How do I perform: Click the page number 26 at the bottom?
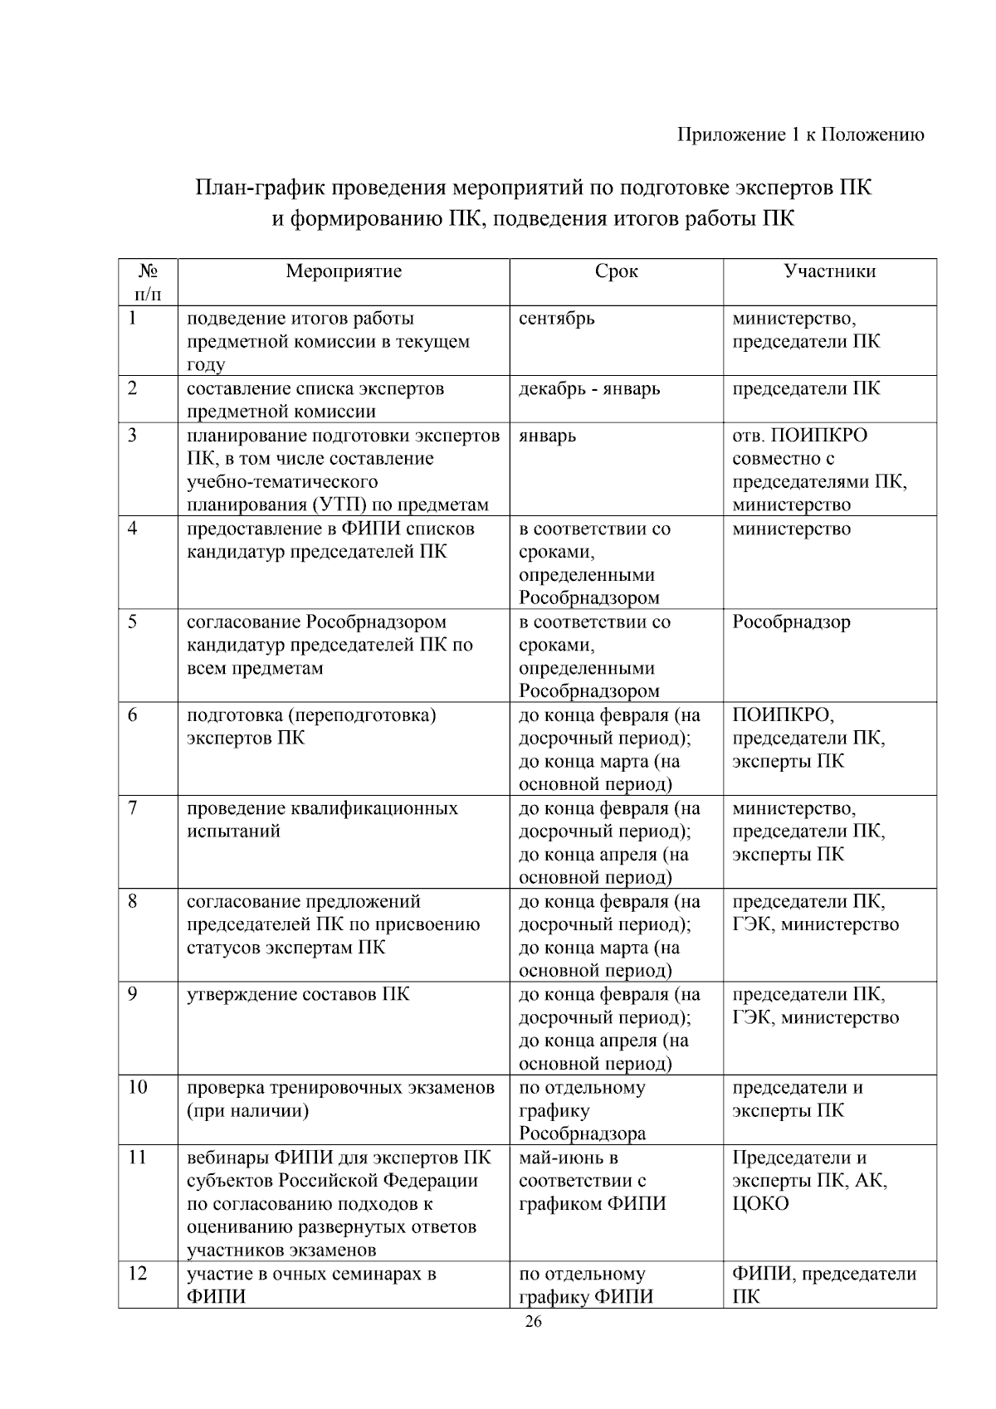click(x=533, y=1323)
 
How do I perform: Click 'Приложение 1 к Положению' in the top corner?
click(x=801, y=135)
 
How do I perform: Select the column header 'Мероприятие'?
click(x=344, y=271)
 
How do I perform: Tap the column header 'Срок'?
click(x=616, y=271)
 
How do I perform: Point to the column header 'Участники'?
click(x=829, y=271)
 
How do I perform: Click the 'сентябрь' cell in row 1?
click(x=556, y=319)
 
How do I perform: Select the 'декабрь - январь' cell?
click(x=589, y=388)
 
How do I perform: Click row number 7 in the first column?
click(x=133, y=808)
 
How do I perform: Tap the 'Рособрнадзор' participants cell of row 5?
click(x=791, y=622)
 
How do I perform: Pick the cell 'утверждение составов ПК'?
click(x=298, y=994)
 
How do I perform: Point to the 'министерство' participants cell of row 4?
click(x=791, y=529)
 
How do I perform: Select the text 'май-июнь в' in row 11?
click(x=569, y=1158)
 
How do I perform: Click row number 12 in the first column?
click(x=138, y=1274)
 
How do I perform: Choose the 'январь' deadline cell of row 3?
click(x=547, y=436)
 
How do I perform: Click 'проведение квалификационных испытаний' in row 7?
click(x=322, y=820)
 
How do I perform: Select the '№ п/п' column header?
click(x=148, y=282)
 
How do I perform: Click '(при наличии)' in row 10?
click(x=247, y=1111)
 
